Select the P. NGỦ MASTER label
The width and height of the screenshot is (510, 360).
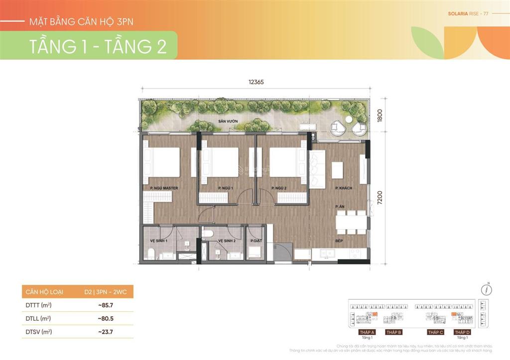click(164, 188)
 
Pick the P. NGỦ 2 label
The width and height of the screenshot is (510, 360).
click(279, 188)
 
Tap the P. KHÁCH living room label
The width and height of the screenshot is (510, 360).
click(344, 188)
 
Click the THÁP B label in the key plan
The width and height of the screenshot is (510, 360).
click(393, 332)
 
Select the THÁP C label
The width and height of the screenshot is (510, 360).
click(435, 332)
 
